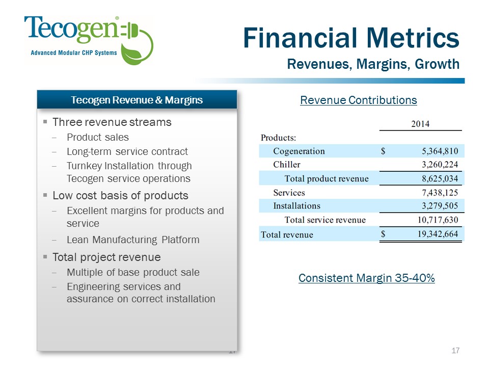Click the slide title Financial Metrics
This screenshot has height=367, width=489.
coord(351,38)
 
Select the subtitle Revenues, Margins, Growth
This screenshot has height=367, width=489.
coord(373,64)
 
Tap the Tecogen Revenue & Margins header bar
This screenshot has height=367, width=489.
coord(137,100)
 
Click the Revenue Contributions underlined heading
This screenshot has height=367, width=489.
coord(358,100)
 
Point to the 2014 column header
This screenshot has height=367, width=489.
coord(420,124)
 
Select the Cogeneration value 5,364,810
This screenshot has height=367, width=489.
coord(440,151)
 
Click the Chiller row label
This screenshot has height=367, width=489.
coord(287,165)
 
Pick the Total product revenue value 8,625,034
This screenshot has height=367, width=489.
coord(440,178)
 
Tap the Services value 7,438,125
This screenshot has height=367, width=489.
coord(440,193)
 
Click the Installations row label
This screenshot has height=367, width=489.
coord(296,205)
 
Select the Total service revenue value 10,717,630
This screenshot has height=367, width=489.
coord(438,220)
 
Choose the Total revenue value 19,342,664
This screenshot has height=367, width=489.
coord(438,234)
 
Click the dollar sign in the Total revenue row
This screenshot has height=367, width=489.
coord(383,234)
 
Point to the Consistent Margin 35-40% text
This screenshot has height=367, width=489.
coord(366,278)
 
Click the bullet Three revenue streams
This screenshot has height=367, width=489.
coord(112,122)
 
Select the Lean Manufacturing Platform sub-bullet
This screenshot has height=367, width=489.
coord(133,240)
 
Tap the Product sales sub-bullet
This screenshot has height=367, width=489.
coord(98,137)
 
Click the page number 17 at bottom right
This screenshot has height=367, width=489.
coord(455,351)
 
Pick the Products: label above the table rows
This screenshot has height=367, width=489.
coord(278,138)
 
